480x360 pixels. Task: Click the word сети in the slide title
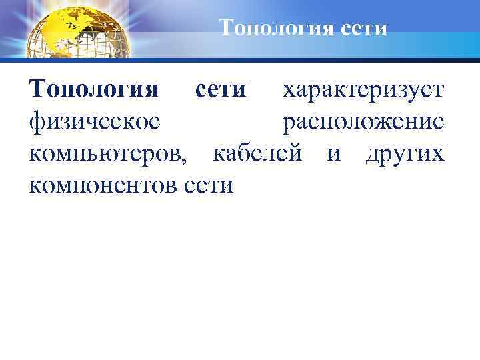click(364, 29)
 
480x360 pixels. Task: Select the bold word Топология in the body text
click(94, 91)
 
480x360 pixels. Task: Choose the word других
click(404, 155)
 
